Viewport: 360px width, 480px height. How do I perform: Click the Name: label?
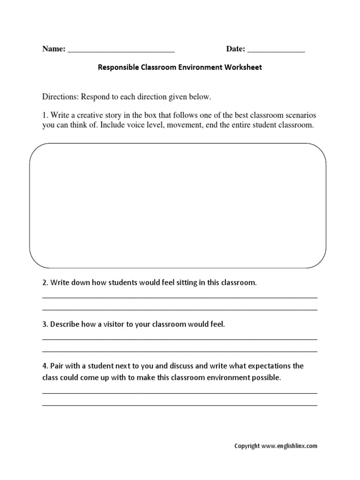pyautogui.click(x=53, y=49)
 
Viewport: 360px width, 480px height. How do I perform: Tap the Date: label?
pyautogui.click(x=236, y=49)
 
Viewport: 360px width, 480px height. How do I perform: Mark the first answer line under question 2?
pyautogui.click(x=180, y=297)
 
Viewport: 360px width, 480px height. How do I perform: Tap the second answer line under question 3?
pyautogui.click(x=180, y=351)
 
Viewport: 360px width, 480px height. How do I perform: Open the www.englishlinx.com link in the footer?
pyautogui.click(x=289, y=446)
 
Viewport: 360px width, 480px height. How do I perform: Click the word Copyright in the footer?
pyautogui.click(x=247, y=446)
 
